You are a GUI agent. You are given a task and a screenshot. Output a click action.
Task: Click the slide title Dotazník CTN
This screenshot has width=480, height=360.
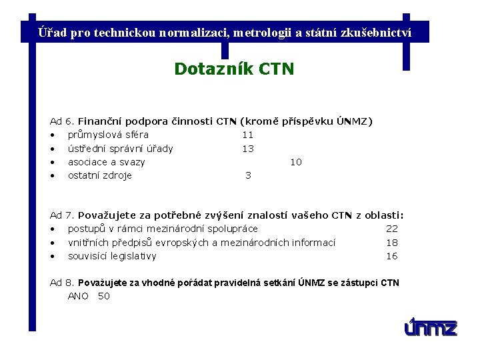(x=233, y=69)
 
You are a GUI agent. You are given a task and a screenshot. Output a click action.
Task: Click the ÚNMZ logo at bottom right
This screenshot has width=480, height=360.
(x=431, y=327)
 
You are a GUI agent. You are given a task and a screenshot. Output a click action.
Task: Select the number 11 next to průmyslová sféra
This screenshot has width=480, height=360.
(x=247, y=135)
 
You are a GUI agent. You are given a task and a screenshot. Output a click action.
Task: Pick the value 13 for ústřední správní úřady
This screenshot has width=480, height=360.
(x=247, y=149)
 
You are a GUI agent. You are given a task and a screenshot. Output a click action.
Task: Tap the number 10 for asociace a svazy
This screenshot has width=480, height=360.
(x=295, y=162)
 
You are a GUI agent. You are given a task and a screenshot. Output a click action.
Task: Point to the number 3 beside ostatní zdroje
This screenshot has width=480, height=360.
(x=248, y=175)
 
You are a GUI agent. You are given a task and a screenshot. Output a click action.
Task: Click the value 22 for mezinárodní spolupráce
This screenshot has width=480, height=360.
(x=392, y=229)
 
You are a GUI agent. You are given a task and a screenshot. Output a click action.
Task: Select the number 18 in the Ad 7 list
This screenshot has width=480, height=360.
(x=392, y=243)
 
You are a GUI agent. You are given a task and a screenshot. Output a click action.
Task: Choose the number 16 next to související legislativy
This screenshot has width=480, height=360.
(x=392, y=256)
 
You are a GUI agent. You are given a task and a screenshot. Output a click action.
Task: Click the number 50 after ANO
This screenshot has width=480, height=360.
(x=103, y=296)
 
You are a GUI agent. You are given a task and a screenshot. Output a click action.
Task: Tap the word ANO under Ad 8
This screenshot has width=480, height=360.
(x=78, y=296)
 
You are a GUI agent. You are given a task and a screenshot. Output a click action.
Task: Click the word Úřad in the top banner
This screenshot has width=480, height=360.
(x=52, y=32)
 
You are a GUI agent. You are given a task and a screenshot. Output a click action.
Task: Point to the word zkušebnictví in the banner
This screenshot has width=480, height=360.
(x=379, y=32)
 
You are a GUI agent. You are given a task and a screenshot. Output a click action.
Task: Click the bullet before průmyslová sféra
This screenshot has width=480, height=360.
(x=52, y=135)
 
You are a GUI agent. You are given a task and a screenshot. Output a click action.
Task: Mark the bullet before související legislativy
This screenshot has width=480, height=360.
(x=52, y=257)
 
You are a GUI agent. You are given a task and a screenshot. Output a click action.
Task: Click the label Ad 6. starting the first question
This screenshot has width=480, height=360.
(x=63, y=121)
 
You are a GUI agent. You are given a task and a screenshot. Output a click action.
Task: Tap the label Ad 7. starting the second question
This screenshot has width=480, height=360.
(x=63, y=215)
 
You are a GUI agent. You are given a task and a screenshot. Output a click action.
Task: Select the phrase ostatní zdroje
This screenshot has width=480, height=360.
(x=100, y=175)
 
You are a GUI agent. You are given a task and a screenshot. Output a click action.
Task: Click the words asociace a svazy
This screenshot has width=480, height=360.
(x=106, y=162)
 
